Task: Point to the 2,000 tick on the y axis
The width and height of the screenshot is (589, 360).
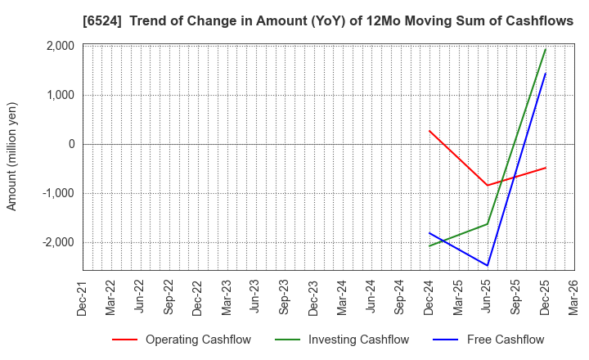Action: tap(61, 46)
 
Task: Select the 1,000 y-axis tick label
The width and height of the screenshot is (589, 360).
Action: tap(61, 95)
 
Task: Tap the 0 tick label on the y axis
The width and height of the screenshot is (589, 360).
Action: tap(71, 144)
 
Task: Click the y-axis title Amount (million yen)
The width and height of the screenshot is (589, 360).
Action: tap(12, 156)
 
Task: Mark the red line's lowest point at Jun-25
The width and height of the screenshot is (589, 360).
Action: tap(488, 185)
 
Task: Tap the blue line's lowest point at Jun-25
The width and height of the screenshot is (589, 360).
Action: tap(488, 265)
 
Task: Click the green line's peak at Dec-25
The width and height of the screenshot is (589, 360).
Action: tap(546, 49)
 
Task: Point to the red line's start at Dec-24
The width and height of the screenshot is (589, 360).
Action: tap(429, 131)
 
